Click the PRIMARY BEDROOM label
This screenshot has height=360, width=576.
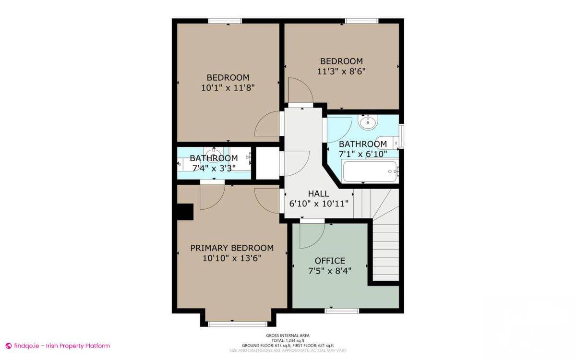232,248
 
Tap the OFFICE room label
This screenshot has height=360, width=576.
330,261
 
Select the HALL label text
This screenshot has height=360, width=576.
318,193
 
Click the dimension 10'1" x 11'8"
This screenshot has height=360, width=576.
228,88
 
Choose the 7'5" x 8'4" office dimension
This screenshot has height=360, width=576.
330,271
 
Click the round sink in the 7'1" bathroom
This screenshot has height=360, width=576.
368,122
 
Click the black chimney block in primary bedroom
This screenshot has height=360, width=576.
185,212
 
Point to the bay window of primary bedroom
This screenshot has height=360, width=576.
238,324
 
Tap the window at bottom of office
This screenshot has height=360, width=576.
342,311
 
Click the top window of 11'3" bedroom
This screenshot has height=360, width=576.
361,21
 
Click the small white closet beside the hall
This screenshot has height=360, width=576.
267,163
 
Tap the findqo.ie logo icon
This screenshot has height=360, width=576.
8,346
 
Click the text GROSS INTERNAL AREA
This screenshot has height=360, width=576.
288,336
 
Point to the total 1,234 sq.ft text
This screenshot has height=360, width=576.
288,340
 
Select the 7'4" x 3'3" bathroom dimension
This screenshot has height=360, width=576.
214,168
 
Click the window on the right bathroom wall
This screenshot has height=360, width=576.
401,136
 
